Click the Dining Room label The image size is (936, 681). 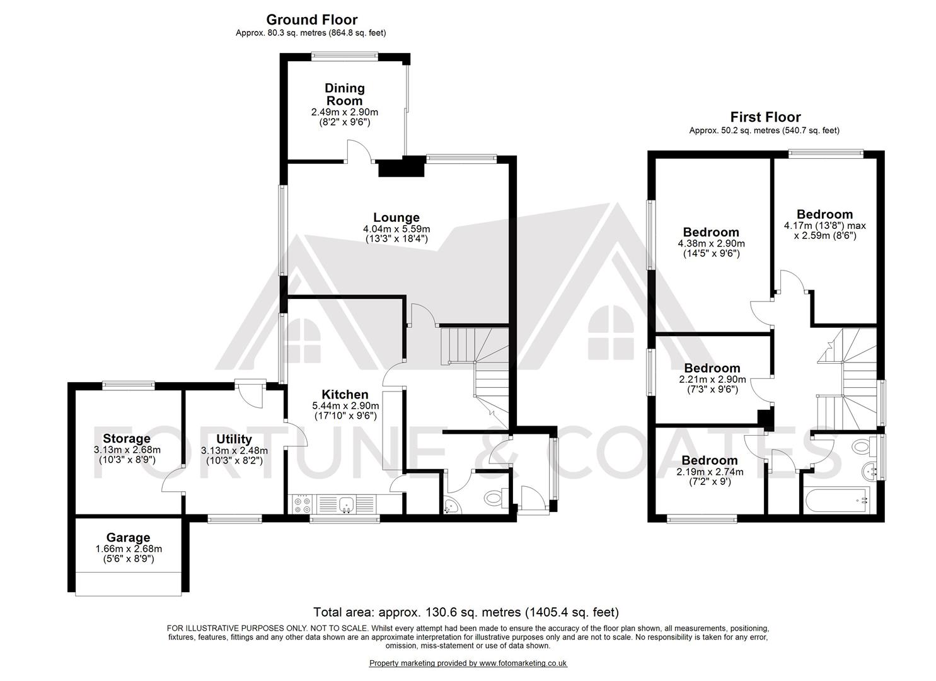[x=344, y=95]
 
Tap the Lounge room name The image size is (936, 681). [x=396, y=218]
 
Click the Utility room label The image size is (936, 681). [x=234, y=439]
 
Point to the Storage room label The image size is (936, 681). [x=127, y=438]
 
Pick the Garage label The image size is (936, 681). [x=128, y=537]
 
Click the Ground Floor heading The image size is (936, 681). [x=311, y=20]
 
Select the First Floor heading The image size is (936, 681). [x=765, y=117]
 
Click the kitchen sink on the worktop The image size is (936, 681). [x=345, y=503]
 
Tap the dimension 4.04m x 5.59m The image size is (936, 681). [x=396, y=229]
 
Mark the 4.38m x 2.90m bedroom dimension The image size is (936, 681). [x=711, y=243]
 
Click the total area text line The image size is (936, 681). [x=466, y=612]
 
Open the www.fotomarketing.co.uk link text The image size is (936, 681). [x=523, y=663]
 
